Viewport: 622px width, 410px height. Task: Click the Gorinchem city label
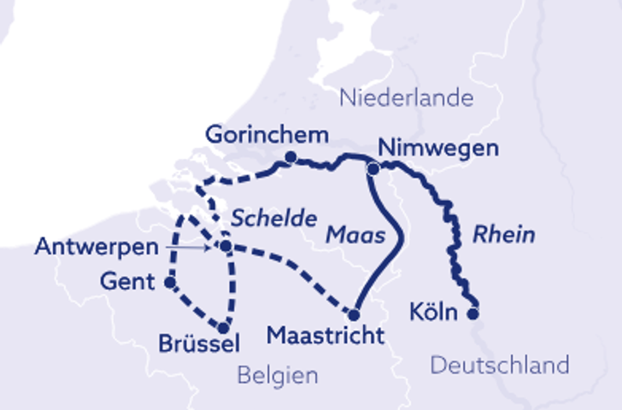(x=267, y=135)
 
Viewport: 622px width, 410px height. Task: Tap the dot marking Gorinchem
(x=291, y=157)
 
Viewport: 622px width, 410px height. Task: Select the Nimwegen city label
(x=437, y=148)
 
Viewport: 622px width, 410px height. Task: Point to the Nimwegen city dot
(x=373, y=169)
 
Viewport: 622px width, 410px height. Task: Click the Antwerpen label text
(x=97, y=248)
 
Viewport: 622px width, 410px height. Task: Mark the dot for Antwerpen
(x=226, y=247)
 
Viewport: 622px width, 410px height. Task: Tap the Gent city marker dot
(x=170, y=281)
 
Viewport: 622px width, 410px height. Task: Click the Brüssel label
(x=198, y=344)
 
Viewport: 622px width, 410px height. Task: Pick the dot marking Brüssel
(x=224, y=327)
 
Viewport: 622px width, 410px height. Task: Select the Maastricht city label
(x=326, y=336)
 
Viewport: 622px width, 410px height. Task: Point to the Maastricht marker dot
(x=354, y=313)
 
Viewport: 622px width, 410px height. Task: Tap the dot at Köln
(x=473, y=313)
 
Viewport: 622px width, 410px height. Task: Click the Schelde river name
(x=274, y=218)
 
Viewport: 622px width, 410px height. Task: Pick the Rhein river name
(x=504, y=234)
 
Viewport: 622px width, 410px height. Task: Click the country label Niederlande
(x=406, y=97)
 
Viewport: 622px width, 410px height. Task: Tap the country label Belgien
(x=278, y=375)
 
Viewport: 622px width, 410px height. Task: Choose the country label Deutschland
(x=499, y=366)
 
